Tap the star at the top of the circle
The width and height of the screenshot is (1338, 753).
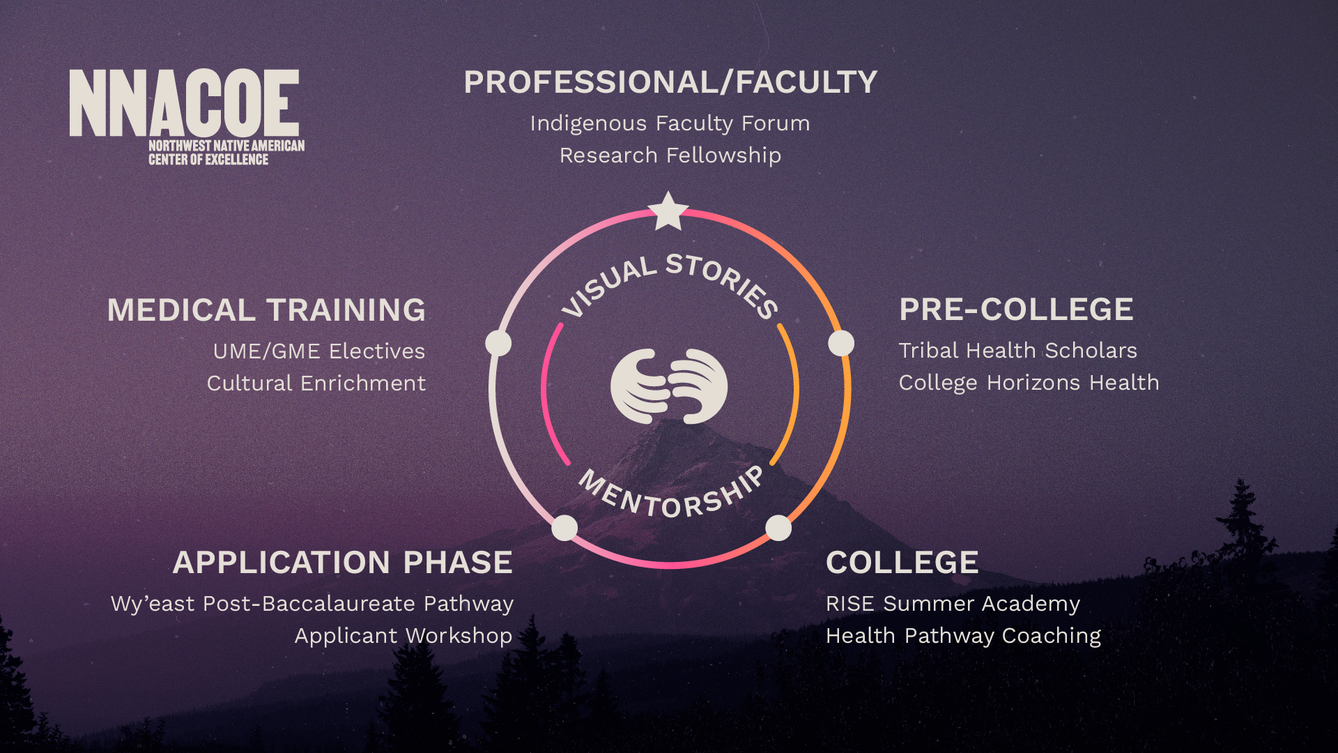(668, 211)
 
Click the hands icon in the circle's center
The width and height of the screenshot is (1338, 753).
(669, 386)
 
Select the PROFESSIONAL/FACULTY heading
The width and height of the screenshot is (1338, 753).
(670, 82)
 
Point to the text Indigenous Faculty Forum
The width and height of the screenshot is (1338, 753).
(670, 123)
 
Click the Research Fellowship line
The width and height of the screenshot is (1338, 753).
(670, 155)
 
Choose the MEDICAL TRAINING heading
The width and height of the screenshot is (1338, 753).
(266, 310)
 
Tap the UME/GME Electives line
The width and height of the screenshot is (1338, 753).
(319, 351)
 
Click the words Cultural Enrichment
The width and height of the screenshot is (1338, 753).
(316, 383)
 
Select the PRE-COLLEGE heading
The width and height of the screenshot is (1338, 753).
(1016, 310)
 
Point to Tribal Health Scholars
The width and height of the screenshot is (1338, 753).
(1017, 350)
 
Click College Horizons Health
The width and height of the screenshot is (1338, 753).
(1029, 382)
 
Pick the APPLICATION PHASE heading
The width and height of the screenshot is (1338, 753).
(342, 563)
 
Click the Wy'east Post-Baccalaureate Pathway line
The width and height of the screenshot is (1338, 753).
(312, 603)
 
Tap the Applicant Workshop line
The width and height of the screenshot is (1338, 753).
(403, 635)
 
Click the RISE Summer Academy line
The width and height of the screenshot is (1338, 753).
(953, 603)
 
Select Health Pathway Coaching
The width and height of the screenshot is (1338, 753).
(963, 635)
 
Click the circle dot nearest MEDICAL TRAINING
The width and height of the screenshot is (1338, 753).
(498, 343)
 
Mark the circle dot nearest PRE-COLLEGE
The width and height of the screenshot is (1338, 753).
(841, 343)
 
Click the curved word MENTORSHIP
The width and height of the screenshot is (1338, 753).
(671, 496)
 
